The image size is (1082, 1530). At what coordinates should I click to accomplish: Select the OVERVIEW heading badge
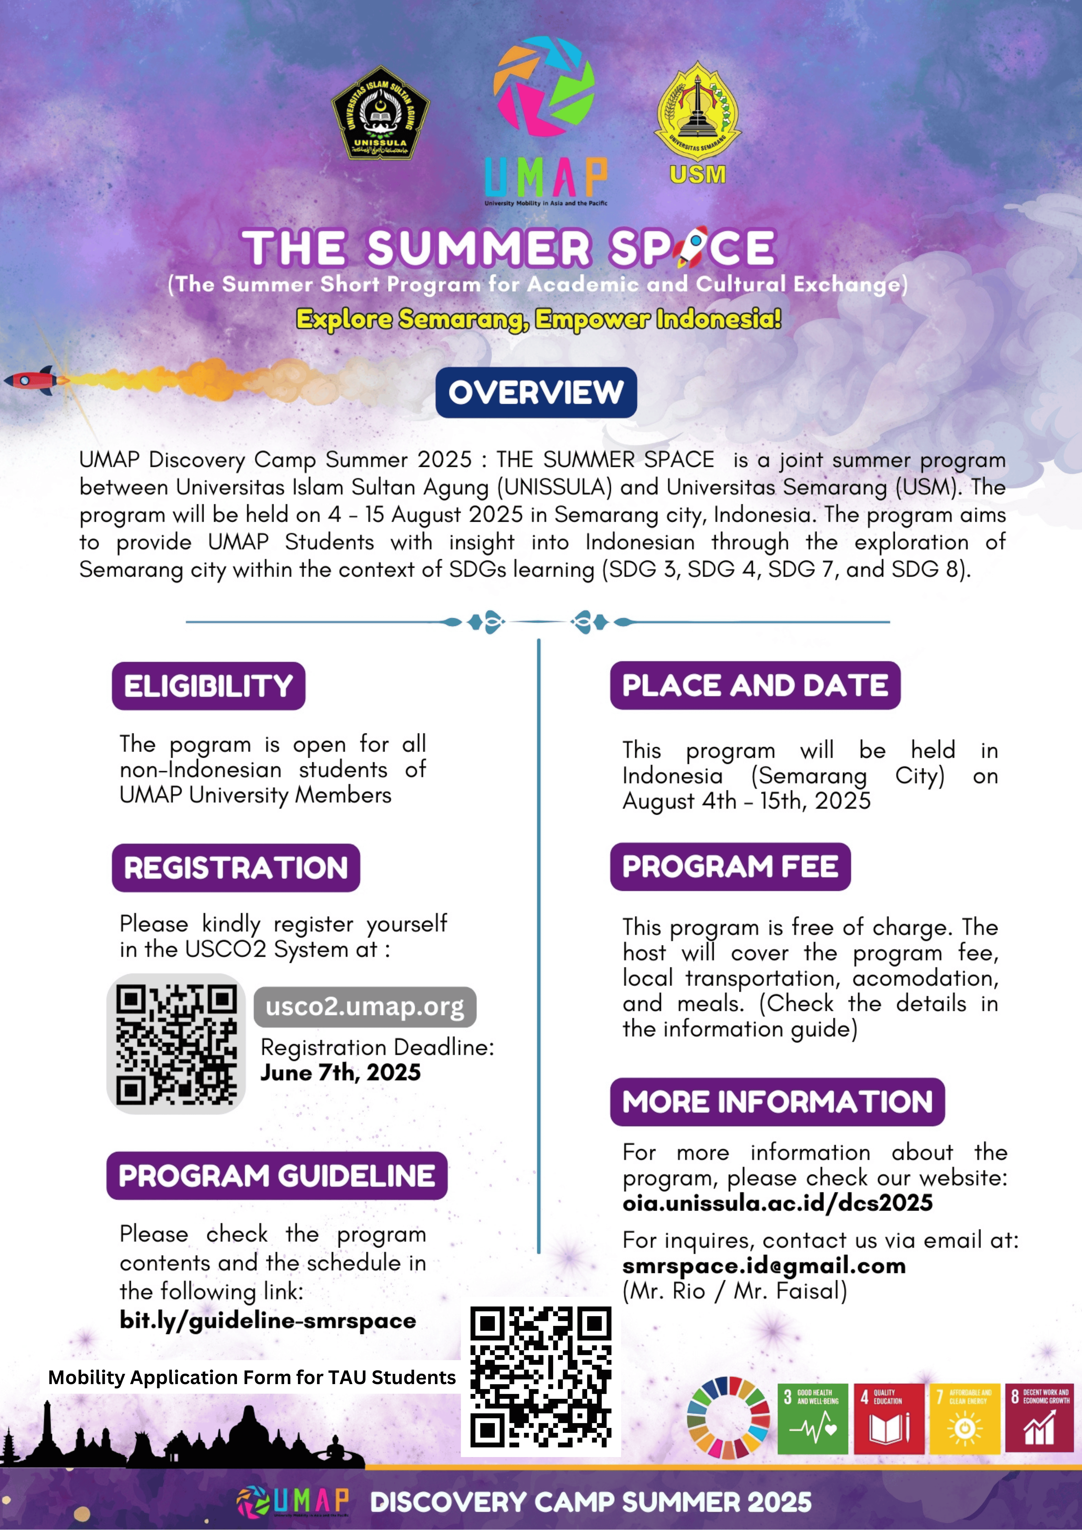[x=536, y=392]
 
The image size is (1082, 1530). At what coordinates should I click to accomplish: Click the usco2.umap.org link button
[x=365, y=1007]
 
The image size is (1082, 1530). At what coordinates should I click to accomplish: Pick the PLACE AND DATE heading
[x=755, y=686]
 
